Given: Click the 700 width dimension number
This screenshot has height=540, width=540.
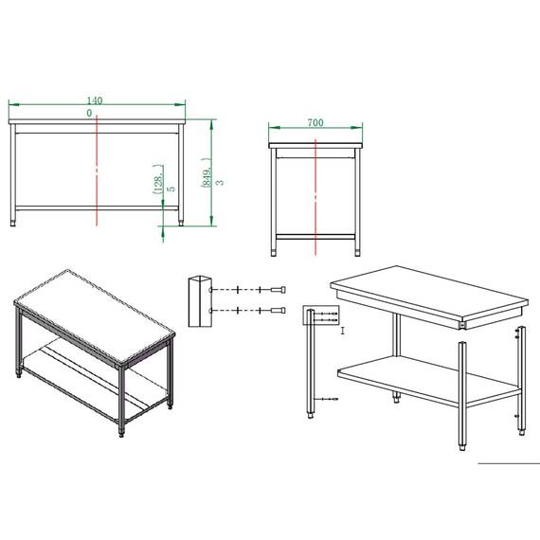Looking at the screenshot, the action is coord(315,122).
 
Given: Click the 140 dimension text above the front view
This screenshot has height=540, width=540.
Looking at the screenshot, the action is coord(95,100).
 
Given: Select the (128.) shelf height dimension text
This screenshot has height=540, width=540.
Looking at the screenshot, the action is coord(158,179).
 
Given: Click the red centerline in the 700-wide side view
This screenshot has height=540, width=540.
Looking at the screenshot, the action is coord(315,197).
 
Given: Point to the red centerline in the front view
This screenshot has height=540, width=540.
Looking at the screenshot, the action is coord(97,171).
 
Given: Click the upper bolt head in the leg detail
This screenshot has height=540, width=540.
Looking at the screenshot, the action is coord(279,290).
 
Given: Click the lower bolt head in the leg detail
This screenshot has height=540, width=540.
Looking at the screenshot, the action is coord(279,311).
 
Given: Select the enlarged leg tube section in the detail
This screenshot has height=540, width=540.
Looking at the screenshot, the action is coord(200,301).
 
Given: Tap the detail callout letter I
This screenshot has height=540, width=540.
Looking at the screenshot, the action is coord(343,331).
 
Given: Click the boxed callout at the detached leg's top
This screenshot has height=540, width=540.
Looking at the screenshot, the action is coord(321,315).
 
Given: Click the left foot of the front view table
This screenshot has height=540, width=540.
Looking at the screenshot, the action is coord(13,224).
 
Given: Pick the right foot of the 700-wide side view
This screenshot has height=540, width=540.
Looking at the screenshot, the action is coord(357,252).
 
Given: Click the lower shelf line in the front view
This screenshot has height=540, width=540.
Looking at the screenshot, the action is coord(97,208).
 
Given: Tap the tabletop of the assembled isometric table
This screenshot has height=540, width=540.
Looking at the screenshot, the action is coord(96,316).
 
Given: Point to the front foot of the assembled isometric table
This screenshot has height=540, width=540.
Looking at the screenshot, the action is coord(121,433).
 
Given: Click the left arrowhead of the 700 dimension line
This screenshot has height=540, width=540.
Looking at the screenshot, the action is coord(274,128).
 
